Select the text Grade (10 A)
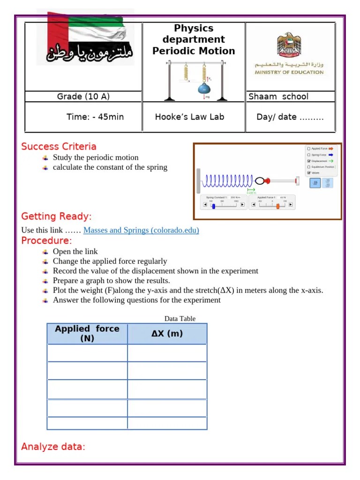point(83,97)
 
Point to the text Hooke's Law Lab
point(189,117)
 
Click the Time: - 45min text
point(95,117)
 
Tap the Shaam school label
point(278,97)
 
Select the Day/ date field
point(290,117)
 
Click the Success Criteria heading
point(59,147)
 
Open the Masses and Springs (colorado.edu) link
point(141,230)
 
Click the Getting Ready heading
point(56,216)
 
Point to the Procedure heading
point(46,240)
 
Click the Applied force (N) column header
point(87,333)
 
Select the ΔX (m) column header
point(167,334)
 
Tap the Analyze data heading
point(53,447)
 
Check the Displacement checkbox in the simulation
point(308,161)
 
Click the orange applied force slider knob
point(277,206)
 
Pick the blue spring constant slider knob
point(214,206)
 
